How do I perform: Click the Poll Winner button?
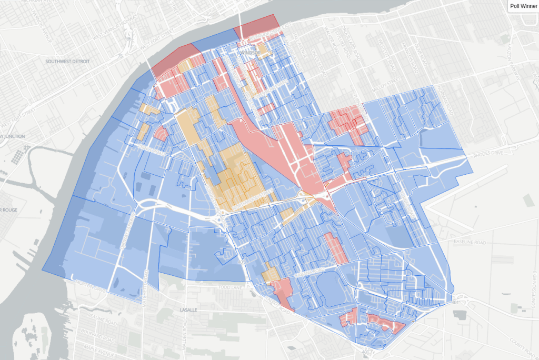tap(523, 6)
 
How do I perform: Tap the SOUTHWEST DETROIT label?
tap(68, 62)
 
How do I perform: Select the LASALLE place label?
tap(188, 310)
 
